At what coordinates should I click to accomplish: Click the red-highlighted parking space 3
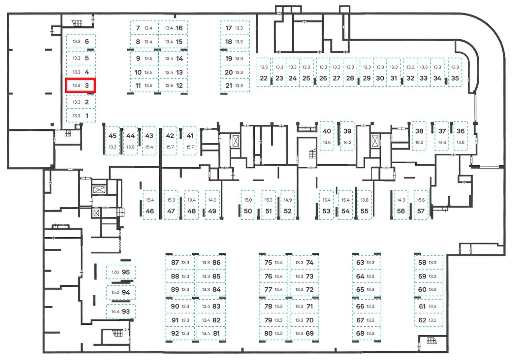[x=80, y=85]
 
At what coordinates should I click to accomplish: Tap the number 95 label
[x=126, y=272]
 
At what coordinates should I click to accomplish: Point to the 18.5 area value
[x=419, y=142]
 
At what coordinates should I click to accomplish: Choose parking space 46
[x=150, y=205]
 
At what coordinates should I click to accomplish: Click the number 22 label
[x=263, y=78]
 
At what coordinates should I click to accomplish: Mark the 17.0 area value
[x=115, y=272]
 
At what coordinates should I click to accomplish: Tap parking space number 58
[x=428, y=263]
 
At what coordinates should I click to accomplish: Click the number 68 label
[x=360, y=333]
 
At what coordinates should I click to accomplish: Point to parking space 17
[x=235, y=28]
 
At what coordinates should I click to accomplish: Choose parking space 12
[x=174, y=85]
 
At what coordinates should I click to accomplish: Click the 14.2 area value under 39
[x=347, y=142]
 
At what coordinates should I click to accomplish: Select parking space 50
[x=248, y=205]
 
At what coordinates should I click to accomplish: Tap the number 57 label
[x=420, y=211]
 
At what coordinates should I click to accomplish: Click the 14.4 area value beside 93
[x=115, y=311]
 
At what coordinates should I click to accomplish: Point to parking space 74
[x=304, y=263]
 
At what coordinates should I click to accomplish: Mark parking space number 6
[x=80, y=41]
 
